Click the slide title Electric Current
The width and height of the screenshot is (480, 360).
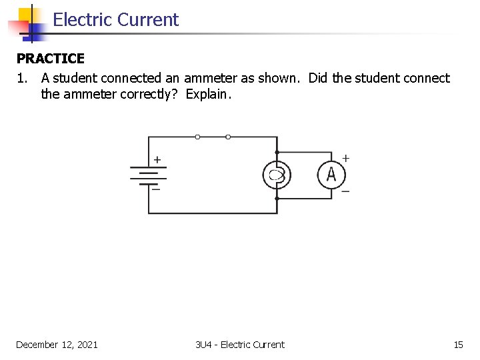pyautogui.click(x=115, y=20)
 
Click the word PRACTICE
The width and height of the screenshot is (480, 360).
pyautogui.click(x=51, y=59)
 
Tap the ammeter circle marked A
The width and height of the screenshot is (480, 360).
pyautogui.click(x=331, y=175)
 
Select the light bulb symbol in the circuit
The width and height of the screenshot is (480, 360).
pyautogui.click(x=277, y=175)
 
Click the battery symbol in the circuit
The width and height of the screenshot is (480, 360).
pyautogui.click(x=148, y=175)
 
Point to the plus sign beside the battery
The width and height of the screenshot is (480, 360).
pyautogui.click(x=157, y=160)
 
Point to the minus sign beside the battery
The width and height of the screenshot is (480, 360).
pyautogui.click(x=157, y=189)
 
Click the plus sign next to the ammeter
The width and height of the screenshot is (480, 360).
pyautogui.click(x=346, y=158)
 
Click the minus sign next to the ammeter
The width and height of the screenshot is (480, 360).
pyautogui.click(x=345, y=191)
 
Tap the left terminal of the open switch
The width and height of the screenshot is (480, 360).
pyautogui.click(x=197, y=137)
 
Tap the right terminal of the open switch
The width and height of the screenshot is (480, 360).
pyautogui.click(x=228, y=137)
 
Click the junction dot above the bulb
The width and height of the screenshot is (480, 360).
pyautogui.click(x=277, y=153)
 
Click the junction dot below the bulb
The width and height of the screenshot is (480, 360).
pyautogui.click(x=277, y=198)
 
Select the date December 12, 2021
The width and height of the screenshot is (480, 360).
pyautogui.click(x=57, y=345)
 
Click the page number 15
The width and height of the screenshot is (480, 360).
pyautogui.click(x=458, y=345)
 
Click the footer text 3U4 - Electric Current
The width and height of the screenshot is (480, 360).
pyautogui.click(x=240, y=345)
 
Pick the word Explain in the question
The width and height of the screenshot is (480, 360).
pyautogui.click(x=207, y=95)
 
